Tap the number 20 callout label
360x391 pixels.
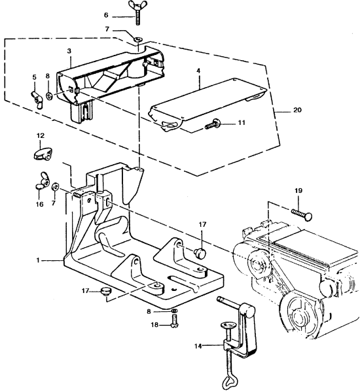[x=297, y=110]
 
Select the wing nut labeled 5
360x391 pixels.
[x=37, y=99]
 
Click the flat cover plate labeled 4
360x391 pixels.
[x=207, y=105]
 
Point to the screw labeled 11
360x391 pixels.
[x=213, y=124]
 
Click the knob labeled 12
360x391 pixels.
[x=43, y=154]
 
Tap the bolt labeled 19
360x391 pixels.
[x=302, y=214]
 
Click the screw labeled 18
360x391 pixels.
[x=174, y=321]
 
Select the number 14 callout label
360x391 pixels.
[x=198, y=347]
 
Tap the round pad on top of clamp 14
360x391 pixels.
[x=227, y=325]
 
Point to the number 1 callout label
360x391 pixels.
[x=38, y=260]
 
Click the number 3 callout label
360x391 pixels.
[x=69, y=51]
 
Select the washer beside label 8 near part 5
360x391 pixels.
[x=49, y=95]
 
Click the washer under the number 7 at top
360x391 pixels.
[x=138, y=39]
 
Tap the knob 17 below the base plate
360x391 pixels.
[x=106, y=291]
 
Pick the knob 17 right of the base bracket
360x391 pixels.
[x=200, y=252]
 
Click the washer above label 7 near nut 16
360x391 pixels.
[x=55, y=186]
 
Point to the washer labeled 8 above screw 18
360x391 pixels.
[x=174, y=311]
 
